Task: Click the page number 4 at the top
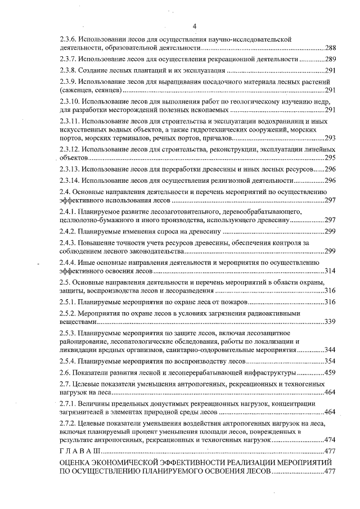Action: [194, 26]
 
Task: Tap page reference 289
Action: [330, 59]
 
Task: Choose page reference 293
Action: [330, 138]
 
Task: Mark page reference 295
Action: [330, 157]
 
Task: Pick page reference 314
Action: [330, 271]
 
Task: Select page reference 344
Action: [330, 349]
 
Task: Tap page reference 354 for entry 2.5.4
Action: [330, 361]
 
